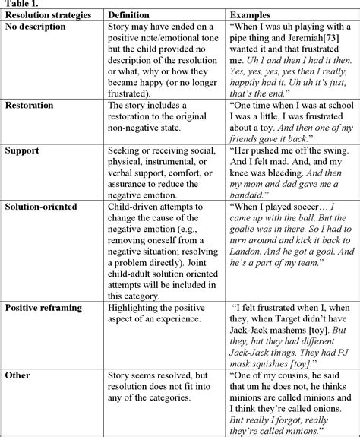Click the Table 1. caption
19,5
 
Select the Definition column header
128,15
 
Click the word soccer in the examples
302,220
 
